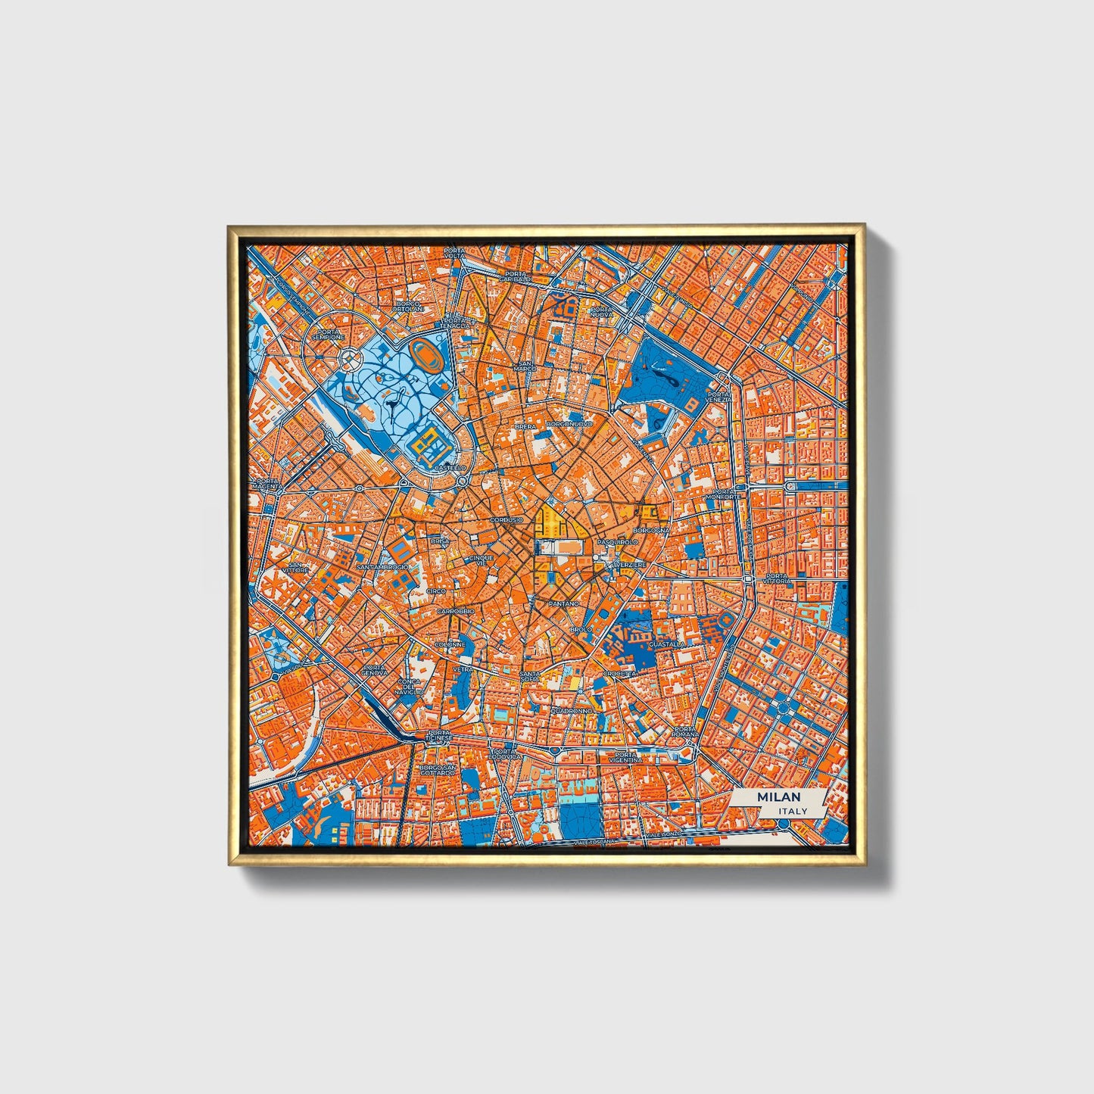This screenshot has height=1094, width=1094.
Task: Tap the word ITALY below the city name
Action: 792,811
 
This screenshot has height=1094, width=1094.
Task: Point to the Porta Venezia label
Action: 718,397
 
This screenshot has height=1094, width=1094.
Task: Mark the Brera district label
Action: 525,427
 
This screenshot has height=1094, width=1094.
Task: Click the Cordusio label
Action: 506,520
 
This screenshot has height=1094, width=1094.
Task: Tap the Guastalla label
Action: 667,644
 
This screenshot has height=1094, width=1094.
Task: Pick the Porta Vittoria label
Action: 778,578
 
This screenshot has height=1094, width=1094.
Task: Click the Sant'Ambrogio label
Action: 382,566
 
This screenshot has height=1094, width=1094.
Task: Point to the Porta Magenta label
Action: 267,484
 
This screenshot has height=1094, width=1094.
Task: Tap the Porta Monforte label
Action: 724,494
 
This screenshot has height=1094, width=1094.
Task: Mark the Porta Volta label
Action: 455,253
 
